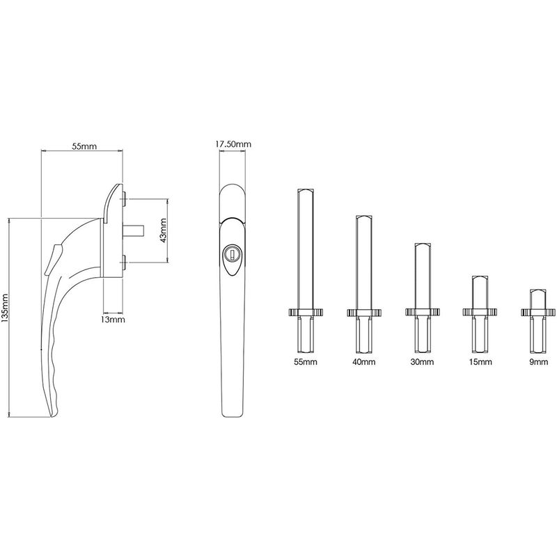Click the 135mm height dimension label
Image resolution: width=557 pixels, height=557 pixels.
click(6, 308)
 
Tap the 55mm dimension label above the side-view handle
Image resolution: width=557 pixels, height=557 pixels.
click(84, 146)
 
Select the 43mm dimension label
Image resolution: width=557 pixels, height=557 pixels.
click(163, 230)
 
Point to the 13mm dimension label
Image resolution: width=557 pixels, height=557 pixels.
click(113, 320)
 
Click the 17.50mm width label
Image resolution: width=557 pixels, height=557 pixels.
click(233, 144)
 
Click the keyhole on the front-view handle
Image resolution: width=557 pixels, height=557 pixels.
click(232, 253)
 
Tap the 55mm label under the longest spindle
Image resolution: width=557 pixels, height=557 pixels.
click(306, 362)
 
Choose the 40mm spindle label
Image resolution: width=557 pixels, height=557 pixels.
click(363, 362)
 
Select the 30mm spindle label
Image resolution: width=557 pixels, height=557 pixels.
click(422, 362)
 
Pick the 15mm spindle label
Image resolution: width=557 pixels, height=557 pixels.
click(480, 362)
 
